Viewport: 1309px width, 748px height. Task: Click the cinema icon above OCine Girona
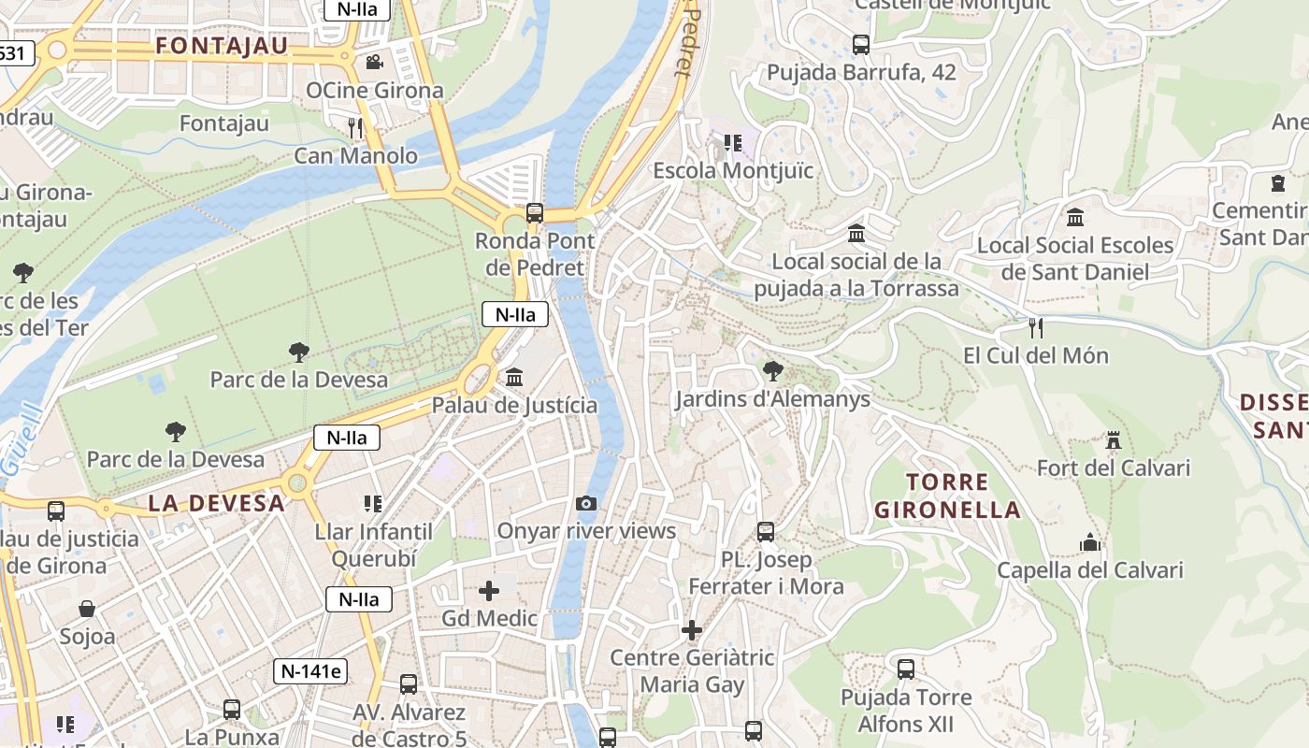click(x=374, y=62)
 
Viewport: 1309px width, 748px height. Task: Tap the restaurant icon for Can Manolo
click(x=355, y=127)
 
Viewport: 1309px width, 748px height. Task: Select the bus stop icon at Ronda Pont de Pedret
click(x=534, y=213)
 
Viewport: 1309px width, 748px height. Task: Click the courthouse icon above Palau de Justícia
click(x=514, y=378)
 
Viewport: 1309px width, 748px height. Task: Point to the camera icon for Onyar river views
click(x=586, y=504)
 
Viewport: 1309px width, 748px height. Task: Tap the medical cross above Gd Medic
click(x=489, y=591)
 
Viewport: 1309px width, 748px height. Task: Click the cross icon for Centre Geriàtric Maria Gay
click(x=692, y=630)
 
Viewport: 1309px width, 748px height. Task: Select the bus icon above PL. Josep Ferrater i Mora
click(x=766, y=532)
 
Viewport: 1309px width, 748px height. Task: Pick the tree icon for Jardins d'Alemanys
click(x=772, y=371)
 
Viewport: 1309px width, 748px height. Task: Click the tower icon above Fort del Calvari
click(x=1113, y=440)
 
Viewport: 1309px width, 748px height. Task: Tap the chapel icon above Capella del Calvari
click(x=1090, y=542)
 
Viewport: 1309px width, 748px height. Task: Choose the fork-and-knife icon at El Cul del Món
click(x=1035, y=328)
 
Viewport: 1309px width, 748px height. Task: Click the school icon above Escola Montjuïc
click(x=733, y=143)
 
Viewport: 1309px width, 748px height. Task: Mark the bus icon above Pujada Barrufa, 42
click(x=861, y=44)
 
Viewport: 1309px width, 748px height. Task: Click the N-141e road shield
click(x=310, y=670)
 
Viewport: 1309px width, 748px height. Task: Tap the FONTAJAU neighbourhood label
click(x=222, y=46)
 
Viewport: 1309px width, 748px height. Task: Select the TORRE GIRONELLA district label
click(x=947, y=496)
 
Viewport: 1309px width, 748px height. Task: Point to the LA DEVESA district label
click(x=216, y=503)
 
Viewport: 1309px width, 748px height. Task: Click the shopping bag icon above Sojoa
click(x=87, y=610)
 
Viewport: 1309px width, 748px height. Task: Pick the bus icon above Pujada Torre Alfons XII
click(x=906, y=669)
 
